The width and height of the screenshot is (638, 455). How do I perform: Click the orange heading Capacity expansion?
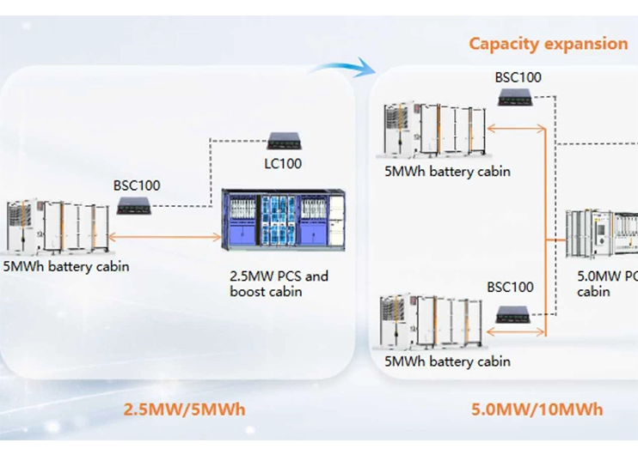(x=548, y=44)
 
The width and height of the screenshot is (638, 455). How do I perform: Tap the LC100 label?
(x=283, y=163)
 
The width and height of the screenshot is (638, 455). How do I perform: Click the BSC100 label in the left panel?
(x=137, y=185)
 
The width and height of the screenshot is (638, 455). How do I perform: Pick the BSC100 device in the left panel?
(x=137, y=205)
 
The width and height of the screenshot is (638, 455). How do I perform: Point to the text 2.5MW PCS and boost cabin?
(x=279, y=284)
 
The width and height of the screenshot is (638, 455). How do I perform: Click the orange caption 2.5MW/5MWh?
(x=184, y=409)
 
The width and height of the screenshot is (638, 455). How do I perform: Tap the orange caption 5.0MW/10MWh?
(x=537, y=409)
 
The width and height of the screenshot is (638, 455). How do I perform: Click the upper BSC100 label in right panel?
(x=518, y=77)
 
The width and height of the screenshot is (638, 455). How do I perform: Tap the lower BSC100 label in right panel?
(x=510, y=287)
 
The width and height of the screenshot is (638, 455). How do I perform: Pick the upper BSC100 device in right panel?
(x=518, y=98)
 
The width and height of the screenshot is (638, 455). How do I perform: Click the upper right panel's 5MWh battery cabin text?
(x=447, y=171)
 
